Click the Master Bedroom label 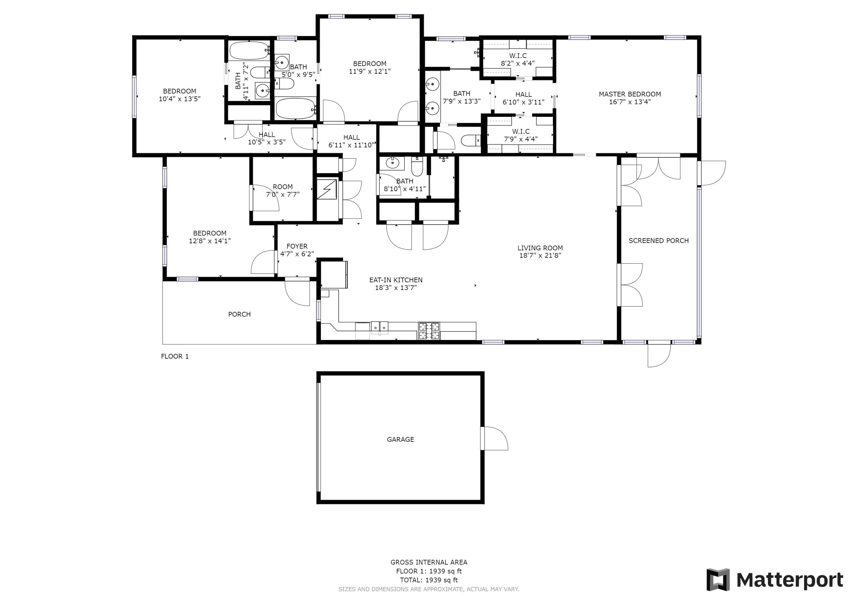point(630,94)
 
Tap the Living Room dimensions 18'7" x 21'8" point(540,255)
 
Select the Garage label point(400,439)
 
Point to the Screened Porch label point(658,241)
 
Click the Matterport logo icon point(718,580)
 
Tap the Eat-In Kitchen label point(396,280)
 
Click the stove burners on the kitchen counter point(429,331)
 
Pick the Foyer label point(297,247)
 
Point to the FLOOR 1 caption point(175,356)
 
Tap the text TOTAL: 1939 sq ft point(429,580)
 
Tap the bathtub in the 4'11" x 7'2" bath point(249,51)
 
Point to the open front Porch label point(239,314)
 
